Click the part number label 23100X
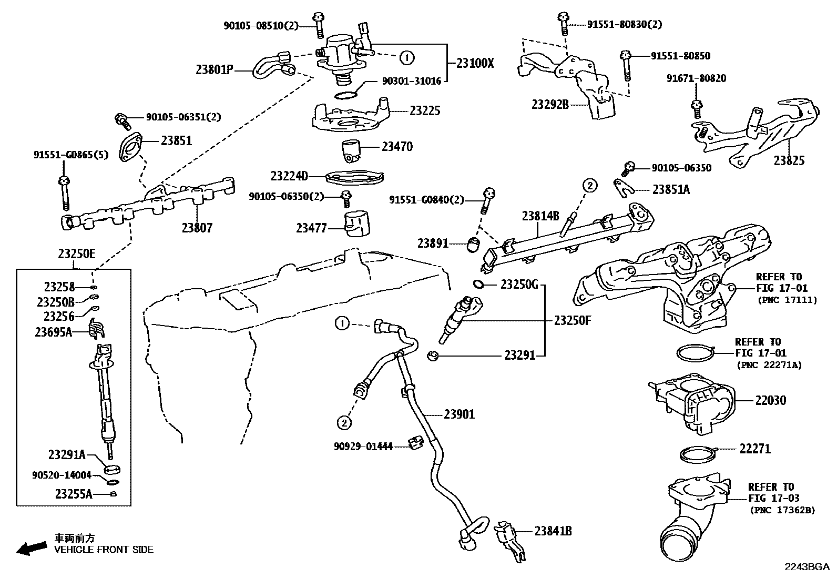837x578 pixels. pos(475,63)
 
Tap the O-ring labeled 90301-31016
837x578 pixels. pos(345,95)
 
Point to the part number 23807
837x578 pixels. pos(197,228)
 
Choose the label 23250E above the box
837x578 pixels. pos(76,254)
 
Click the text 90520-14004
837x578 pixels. pos(62,475)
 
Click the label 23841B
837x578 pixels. pos(553,531)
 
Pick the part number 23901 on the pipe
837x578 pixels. pos(459,414)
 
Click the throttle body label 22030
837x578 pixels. pos(770,401)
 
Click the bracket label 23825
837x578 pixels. pos(789,161)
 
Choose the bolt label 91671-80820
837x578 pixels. pos(696,78)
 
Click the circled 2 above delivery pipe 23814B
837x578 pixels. pos(589,185)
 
